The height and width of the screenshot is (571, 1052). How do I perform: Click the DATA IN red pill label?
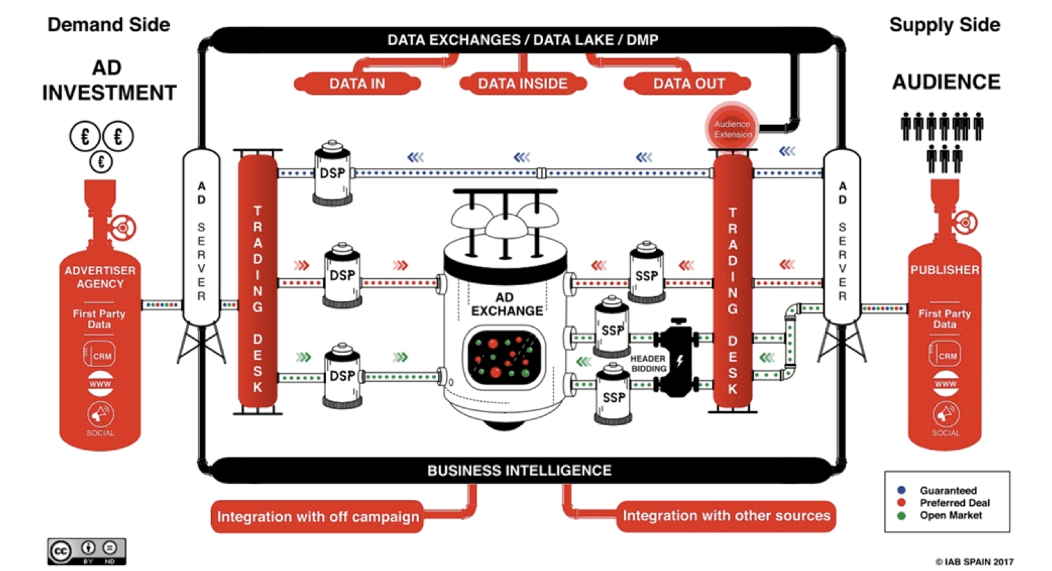point(357,84)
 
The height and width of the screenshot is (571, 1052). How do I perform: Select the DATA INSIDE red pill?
point(522,84)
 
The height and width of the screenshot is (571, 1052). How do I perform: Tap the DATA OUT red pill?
point(688,84)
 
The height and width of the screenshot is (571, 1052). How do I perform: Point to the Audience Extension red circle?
point(732,129)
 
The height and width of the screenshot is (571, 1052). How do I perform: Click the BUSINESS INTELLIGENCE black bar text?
point(519,470)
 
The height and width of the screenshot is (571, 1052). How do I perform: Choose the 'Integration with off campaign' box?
point(318,517)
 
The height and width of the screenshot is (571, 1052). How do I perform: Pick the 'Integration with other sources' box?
point(726,516)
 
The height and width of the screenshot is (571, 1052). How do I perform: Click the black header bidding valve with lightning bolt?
point(677,358)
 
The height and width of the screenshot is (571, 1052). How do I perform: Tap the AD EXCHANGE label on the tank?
point(506,305)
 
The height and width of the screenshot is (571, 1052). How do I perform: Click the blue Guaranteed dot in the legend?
point(902,490)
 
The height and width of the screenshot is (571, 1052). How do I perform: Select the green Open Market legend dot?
point(902,516)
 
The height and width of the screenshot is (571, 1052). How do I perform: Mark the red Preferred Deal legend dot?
point(902,503)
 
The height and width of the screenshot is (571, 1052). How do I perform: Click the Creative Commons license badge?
point(87,552)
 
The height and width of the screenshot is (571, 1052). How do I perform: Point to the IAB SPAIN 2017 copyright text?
point(975,562)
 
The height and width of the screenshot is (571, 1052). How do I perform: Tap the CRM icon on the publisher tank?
point(946,355)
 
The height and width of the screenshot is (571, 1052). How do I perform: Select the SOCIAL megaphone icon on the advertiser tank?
point(100,414)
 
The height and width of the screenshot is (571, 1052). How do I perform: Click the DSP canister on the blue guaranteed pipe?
point(333,173)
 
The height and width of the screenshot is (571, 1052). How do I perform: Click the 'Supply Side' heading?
point(944,25)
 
